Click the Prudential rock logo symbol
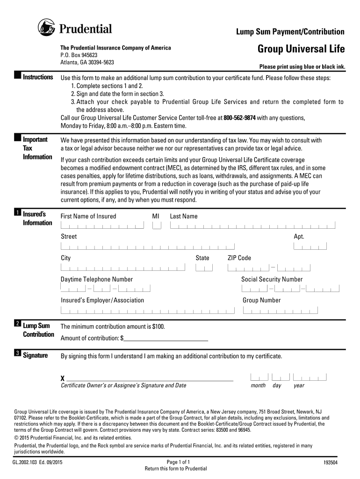pyautogui.click(x=46, y=29)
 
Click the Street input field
pyautogui.click(x=147, y=247)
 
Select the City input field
pyautogui.click(x=122, y=268)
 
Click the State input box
pyautogui.click(x=204, y=268)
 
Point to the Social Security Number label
pyautogui.click(x=272, y=279)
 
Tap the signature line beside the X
pyautogui.click(x=150, y=378)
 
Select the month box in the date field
pyautogui.click(x=259, y=377)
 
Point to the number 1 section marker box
pyautogui.click(x=17, y=213)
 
